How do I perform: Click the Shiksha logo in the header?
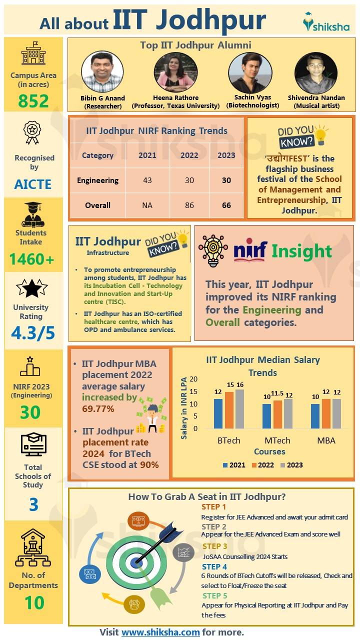coord(326,22)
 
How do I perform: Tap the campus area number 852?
coord(33,101)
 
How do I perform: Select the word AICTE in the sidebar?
coord(33,184)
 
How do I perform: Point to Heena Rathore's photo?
coord(175,72)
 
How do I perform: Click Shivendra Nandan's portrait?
coord(315,72)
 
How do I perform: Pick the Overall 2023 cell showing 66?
coord(226,205)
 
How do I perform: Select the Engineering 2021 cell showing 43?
coord(147,180)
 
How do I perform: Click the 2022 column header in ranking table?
coord(189,155)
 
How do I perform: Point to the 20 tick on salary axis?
coord(193,379)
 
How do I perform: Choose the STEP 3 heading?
coord(215,546)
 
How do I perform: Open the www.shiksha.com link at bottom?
coord(160,632)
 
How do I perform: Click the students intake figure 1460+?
coord(33,259)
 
